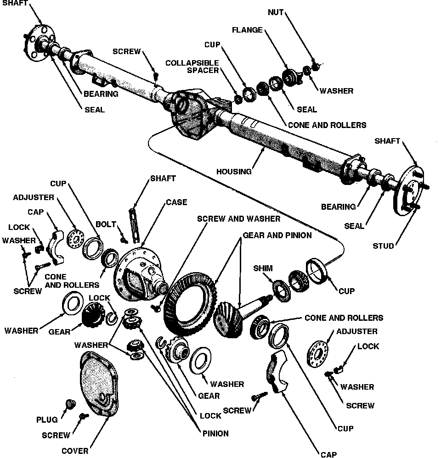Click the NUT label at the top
coord(276,12)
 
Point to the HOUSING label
coord(234,172)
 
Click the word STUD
coord(383,246)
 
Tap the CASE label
coord(176,202)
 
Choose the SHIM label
coord(262,268)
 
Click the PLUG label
coord(47,419)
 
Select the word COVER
coord(75,451)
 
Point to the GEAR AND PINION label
coord(277,235)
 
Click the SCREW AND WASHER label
coord(238,218)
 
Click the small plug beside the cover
coord(70,403)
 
